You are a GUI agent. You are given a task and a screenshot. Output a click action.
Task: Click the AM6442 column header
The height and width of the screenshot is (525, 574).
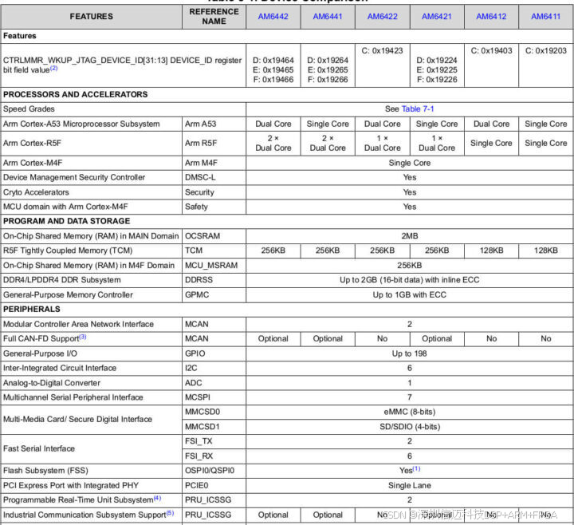pyautogui.click(x=273, y=17)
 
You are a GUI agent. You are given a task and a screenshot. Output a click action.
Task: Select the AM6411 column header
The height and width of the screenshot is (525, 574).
pyautogui.click(x=546, y=17)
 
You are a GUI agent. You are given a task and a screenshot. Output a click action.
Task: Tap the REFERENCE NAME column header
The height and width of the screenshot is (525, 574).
pyautogui.click(x=214, y=16)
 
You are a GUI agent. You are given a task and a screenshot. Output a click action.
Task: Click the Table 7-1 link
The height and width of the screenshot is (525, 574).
pyautogui.click(x=418, y=109)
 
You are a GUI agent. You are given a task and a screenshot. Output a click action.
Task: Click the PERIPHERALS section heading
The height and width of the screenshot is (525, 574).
pyautogui.click(x=32, y=308)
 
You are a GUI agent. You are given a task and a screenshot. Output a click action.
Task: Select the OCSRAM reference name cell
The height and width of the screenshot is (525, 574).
pyautogui.click(x=202, y=236)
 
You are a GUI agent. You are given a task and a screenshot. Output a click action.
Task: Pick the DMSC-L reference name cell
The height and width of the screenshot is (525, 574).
pyautogui.click(x=200, y=177)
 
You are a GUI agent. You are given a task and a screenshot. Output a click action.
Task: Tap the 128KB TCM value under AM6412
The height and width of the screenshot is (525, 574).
pyautogui.click(x=491, y=251)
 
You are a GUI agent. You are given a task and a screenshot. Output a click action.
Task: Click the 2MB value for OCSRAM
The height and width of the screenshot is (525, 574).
pyautogui.click(x=409, y=236)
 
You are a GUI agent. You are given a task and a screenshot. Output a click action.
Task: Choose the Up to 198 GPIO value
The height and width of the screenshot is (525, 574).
pyautogui.click(x=409, y=353)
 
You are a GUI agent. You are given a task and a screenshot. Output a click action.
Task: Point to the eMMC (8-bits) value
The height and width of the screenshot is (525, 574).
pyautogui.click(x=409, y=412)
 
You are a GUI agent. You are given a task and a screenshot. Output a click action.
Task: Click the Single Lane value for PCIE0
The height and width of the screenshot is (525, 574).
pyautogui.click(x=410, y=485)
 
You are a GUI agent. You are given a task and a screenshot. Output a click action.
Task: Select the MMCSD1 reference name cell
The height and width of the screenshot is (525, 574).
pyautogui.click(x=202, y=427)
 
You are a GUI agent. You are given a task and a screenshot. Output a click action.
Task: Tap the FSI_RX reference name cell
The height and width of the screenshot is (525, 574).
pyautogui.click(x=199, y=456)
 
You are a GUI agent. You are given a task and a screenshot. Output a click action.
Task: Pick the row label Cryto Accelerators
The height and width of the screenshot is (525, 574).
pyautogui.click(x=36, y=192)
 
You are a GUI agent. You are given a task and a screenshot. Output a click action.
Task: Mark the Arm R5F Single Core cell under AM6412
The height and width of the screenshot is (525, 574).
pyautogui.click(x=491, y=143)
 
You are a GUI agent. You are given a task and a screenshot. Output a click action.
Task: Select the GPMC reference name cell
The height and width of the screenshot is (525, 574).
pyautogui.click(x=197, y=294)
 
